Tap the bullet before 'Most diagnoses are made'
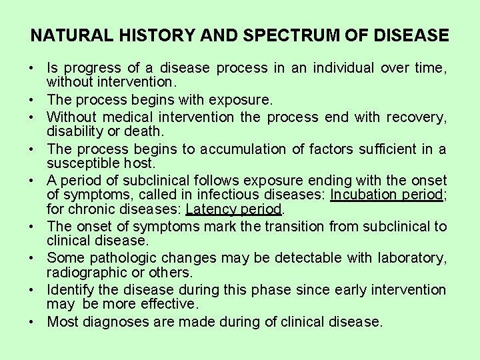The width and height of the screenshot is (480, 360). tap(32, 322)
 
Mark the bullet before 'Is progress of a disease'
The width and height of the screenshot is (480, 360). tap(32, 68)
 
